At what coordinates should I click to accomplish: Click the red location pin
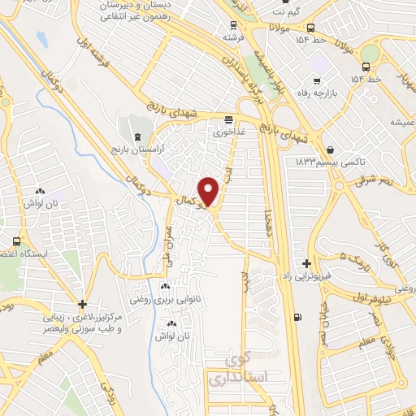[x=210, y=191]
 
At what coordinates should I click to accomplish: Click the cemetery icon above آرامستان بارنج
[x=136, y=136]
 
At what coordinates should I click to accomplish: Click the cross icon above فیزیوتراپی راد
[x=306, y=263]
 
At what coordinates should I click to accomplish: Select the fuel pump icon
[x=298, y=317]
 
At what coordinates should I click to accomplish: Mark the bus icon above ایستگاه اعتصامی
[x=18, y=242]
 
